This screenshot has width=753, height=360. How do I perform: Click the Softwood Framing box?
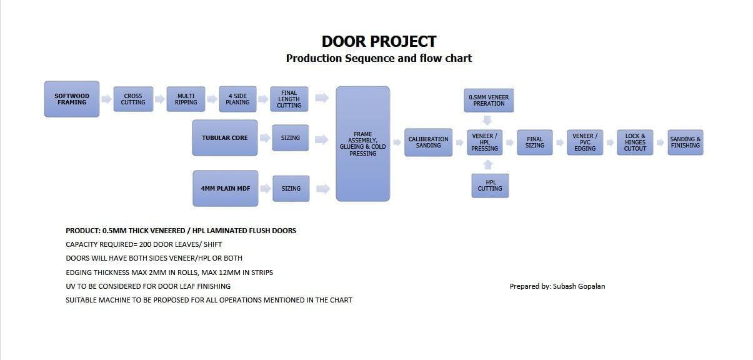72,99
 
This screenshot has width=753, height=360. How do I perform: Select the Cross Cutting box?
133,99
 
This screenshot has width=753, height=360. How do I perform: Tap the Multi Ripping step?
186,99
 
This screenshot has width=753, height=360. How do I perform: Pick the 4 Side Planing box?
237,99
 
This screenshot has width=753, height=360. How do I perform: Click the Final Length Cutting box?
289,99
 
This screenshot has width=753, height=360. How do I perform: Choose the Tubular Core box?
225,138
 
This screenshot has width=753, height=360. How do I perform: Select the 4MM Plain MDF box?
226,189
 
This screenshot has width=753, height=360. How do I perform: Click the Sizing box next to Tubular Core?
291,138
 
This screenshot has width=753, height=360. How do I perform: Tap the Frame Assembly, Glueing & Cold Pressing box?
363,144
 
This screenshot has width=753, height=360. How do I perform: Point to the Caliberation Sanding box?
428,142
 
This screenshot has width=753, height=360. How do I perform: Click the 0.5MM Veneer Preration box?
489,101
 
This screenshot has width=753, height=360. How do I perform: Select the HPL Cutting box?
490,186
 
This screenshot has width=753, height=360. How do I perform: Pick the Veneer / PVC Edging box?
585,142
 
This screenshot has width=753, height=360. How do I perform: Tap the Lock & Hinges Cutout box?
635,142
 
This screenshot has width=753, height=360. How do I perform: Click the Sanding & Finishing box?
686,142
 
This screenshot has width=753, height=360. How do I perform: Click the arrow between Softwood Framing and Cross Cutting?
106,99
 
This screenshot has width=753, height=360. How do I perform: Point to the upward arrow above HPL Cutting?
488,165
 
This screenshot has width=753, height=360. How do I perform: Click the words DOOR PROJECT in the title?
379,42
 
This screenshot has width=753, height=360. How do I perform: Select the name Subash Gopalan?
579,286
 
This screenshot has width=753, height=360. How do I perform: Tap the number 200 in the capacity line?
145,244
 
